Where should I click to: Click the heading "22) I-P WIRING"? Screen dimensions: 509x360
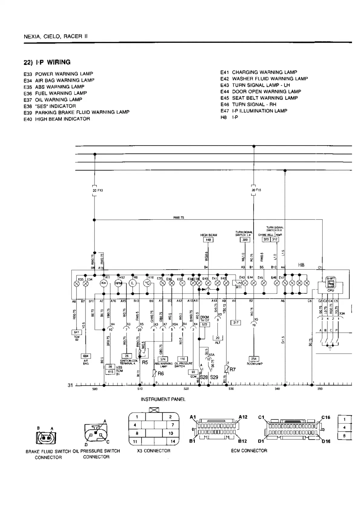coord(47,63)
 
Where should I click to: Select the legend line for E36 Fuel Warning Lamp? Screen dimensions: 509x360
coord(55,93)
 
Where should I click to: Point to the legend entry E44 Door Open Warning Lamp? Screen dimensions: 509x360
coord(260,92)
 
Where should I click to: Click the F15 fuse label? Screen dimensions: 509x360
coord(256,190)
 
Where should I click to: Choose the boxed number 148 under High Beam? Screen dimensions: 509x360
coord(208,240)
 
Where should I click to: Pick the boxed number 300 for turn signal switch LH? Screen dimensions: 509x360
coord(245,240)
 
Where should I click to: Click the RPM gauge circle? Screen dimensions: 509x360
coord(118,283)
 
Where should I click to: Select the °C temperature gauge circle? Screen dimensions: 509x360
coord(147,283)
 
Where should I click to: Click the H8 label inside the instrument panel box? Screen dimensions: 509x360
coord(301,265)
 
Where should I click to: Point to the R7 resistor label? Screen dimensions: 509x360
coord(232,369)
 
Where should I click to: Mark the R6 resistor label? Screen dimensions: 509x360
coord(161,374)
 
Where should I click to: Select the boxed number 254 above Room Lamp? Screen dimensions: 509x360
coord(254,359)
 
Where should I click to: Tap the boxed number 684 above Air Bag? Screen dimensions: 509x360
coord(86,356)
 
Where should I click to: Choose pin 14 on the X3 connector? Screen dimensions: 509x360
coord(173,441)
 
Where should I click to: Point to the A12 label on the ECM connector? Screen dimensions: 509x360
coord(243,417)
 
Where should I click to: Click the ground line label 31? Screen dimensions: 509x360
coord(70,385)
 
